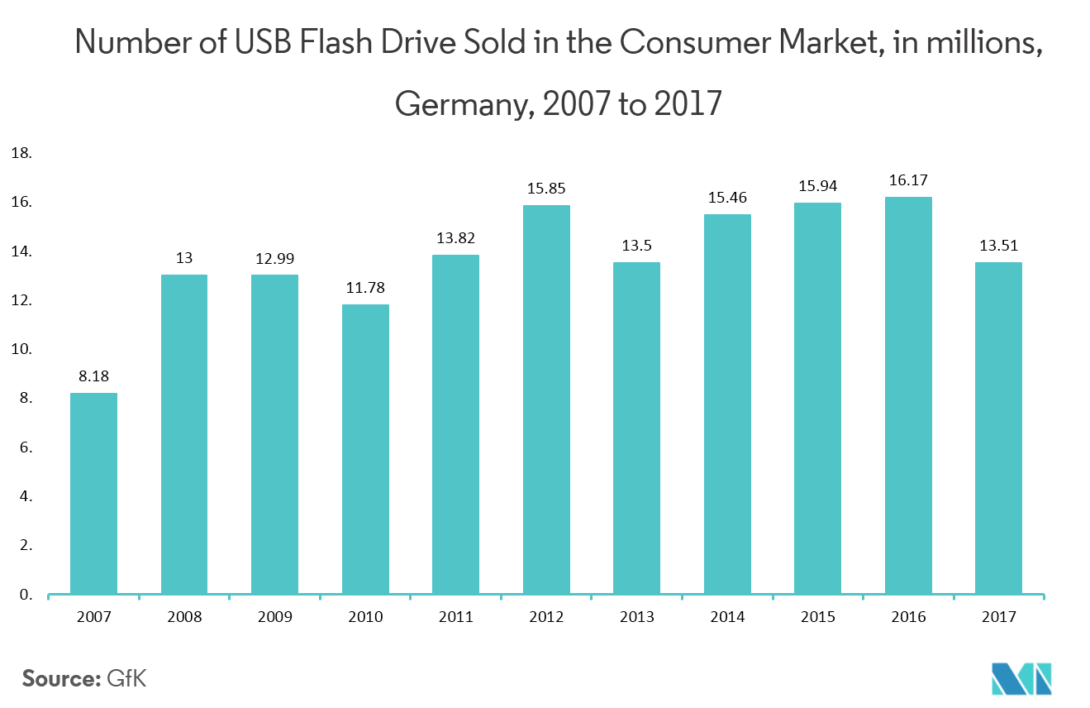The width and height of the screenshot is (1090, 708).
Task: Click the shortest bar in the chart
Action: click(93, 493)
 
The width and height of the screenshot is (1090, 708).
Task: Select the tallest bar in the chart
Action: click(908, 395)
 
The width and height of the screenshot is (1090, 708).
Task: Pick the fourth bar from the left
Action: click(365, 449)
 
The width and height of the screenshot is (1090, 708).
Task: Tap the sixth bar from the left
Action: click(546, 399)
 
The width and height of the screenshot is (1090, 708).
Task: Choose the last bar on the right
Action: click(998, 428)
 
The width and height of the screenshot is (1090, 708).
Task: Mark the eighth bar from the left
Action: click(727, 404)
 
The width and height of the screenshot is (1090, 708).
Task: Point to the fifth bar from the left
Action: click(455, 424)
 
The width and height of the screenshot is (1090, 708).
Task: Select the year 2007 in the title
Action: click(574, 105)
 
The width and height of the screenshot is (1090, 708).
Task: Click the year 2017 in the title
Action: click(688, 105)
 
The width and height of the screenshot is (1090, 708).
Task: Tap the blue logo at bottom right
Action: click(1021, 679)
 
